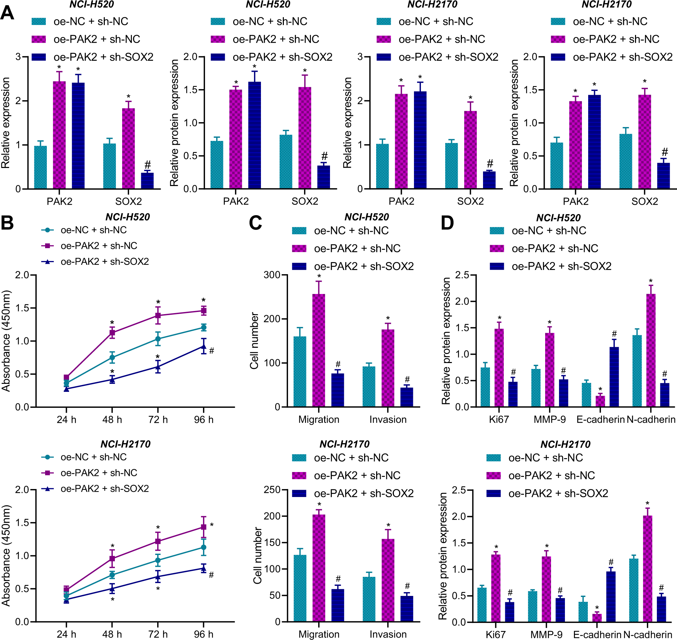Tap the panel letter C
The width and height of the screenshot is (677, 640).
point(255,223)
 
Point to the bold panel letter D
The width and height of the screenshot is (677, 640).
point(447,223)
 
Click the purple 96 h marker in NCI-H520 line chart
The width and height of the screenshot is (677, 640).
point(204,311)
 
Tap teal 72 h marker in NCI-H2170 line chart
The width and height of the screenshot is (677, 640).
point(158,560)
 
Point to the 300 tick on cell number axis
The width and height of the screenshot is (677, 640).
point(272,275)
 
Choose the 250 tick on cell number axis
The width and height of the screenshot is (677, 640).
point(272,490)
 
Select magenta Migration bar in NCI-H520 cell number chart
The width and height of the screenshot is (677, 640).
point(319,351)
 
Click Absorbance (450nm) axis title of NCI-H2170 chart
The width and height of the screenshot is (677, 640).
point(6,556)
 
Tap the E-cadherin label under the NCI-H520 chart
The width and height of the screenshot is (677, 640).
point(600,419)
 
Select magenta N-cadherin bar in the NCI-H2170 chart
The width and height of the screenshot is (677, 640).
point(648,569)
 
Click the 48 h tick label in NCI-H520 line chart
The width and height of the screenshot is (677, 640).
point(112,420)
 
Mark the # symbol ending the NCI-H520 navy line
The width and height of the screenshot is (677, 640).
point(212,351)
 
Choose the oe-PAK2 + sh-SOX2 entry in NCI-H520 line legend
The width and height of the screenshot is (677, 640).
point(104,261)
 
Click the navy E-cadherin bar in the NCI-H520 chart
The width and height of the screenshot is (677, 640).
point(614,377)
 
